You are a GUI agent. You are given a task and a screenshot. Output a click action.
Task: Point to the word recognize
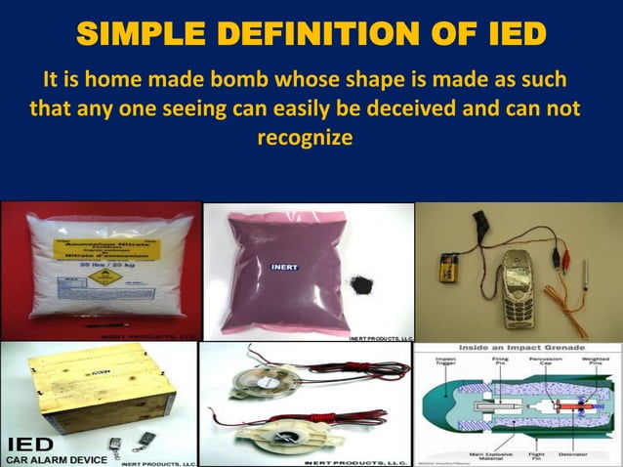[305, 138]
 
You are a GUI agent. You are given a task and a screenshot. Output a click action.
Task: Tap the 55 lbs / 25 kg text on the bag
[97, 266]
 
